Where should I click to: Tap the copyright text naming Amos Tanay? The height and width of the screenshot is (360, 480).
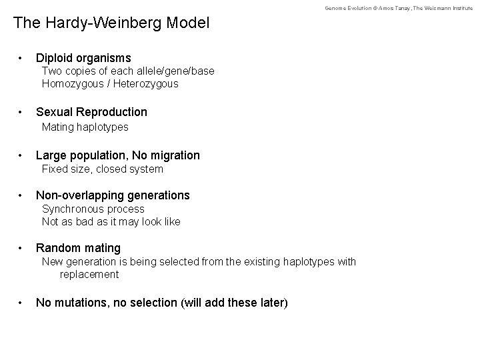pyautogui.click(x=398, y=7)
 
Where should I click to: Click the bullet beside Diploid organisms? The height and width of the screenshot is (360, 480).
pyautogui.click(x=22, y=59)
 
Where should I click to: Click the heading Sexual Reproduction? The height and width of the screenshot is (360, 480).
pyautogui.click(x=91, y=111)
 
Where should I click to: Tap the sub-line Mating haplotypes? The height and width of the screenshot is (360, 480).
pyautogui.click(x=85, y=127)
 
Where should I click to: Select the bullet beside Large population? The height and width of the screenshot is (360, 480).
pyautogui.click(x=22, y=156)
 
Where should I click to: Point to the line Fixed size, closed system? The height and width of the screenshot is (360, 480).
pyautogui.click(x=102, y=169)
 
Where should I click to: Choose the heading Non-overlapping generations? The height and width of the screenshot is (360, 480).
pyautogui.click(x=113, y=195)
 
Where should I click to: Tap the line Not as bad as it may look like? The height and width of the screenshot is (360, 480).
pyautogui.click(x=111, y=221)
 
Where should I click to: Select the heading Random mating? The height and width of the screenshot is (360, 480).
pyautogui.click(x=78, y=248)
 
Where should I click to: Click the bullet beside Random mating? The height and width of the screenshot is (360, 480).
pyautogui.click(x=22, y=249)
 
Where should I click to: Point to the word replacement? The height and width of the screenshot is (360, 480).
pyautogui.click(x=89, y=274)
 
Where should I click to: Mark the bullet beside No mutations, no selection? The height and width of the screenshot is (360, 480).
pyautogui.click(x=22, y=303)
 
